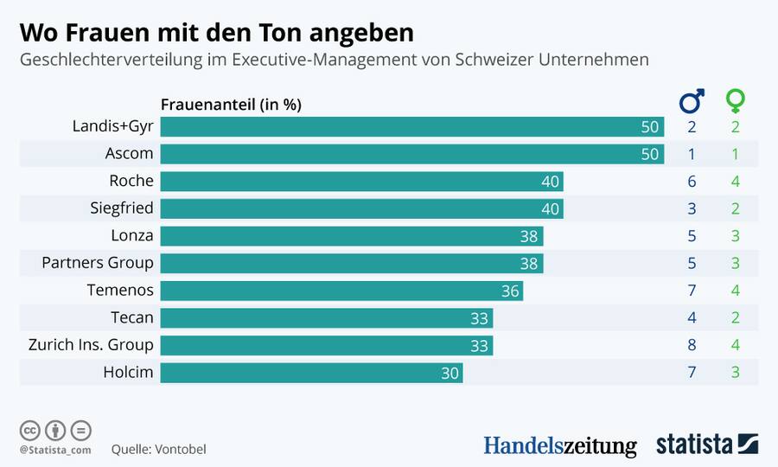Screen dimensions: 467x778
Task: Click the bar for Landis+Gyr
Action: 412,127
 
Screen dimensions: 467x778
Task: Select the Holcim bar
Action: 311,373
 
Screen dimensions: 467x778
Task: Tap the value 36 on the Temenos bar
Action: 510,291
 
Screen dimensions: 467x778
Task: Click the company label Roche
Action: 131,181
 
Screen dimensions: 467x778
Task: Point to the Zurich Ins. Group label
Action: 91,345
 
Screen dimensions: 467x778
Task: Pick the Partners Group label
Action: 98,263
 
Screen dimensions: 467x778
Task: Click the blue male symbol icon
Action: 692,101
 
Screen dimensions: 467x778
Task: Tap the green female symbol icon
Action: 735,101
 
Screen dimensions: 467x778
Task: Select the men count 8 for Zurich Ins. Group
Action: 692,345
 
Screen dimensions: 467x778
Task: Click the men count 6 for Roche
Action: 692,182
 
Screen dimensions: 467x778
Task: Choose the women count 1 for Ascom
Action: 735,154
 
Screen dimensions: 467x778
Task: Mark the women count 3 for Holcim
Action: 735,373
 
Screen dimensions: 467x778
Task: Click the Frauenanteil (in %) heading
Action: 231,105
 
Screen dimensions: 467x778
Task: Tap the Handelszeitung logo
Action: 559,445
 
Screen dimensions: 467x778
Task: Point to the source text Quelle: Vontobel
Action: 158,450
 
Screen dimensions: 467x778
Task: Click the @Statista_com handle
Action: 55,450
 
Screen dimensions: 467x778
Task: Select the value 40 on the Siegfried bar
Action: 551,209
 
